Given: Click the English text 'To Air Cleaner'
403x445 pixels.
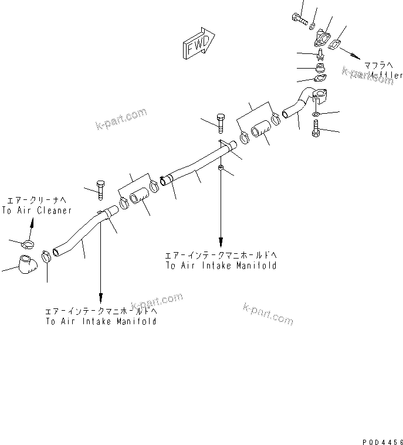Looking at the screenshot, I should pyautogui.click(x=36, y=210).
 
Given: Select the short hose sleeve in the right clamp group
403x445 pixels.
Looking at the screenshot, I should pyautogui.click(x=260, y=133).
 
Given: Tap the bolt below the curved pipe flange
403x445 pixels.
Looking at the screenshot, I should pyautogui.click(x=317, y=127).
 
